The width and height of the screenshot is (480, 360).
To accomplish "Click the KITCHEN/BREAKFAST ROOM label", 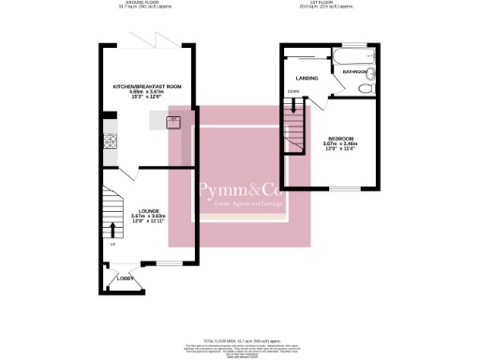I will [x=147, y=85].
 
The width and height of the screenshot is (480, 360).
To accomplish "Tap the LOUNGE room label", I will [x=148, y=210].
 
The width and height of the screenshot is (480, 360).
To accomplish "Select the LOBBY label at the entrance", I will [x=124, y=278].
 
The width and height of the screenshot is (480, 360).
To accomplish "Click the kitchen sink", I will [x=174, y=121].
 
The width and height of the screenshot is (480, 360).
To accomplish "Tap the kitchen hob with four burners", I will [x=109, y=142].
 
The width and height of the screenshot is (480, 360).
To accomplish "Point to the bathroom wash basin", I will [x=372, y=73].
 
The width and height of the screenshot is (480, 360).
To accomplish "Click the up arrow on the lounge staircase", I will [x=114, y=228].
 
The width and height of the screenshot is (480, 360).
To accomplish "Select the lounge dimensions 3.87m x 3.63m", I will [x=148, y=217].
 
